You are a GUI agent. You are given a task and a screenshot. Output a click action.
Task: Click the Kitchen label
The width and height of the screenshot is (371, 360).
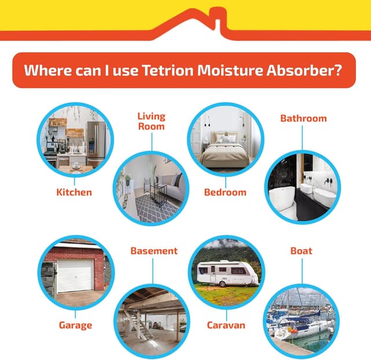coord(74,192)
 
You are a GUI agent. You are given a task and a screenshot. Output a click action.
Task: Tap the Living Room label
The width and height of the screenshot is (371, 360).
coord(151,121)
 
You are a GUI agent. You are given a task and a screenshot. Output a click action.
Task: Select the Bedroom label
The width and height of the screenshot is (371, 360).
coord(225,192)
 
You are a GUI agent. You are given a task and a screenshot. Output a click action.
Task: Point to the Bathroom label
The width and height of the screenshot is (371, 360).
coord(303,118)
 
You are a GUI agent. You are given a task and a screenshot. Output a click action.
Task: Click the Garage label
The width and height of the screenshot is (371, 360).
coord(75,325)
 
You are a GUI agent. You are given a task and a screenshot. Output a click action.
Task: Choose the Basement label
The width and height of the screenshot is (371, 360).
coord(154,251)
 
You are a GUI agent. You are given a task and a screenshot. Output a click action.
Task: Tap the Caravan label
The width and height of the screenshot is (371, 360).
coord(226,325)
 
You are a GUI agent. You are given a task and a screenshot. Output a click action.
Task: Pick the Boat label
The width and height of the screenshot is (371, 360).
coord(301,251)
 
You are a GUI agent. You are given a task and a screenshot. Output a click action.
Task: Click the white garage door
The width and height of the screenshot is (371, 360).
coord(75,275)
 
